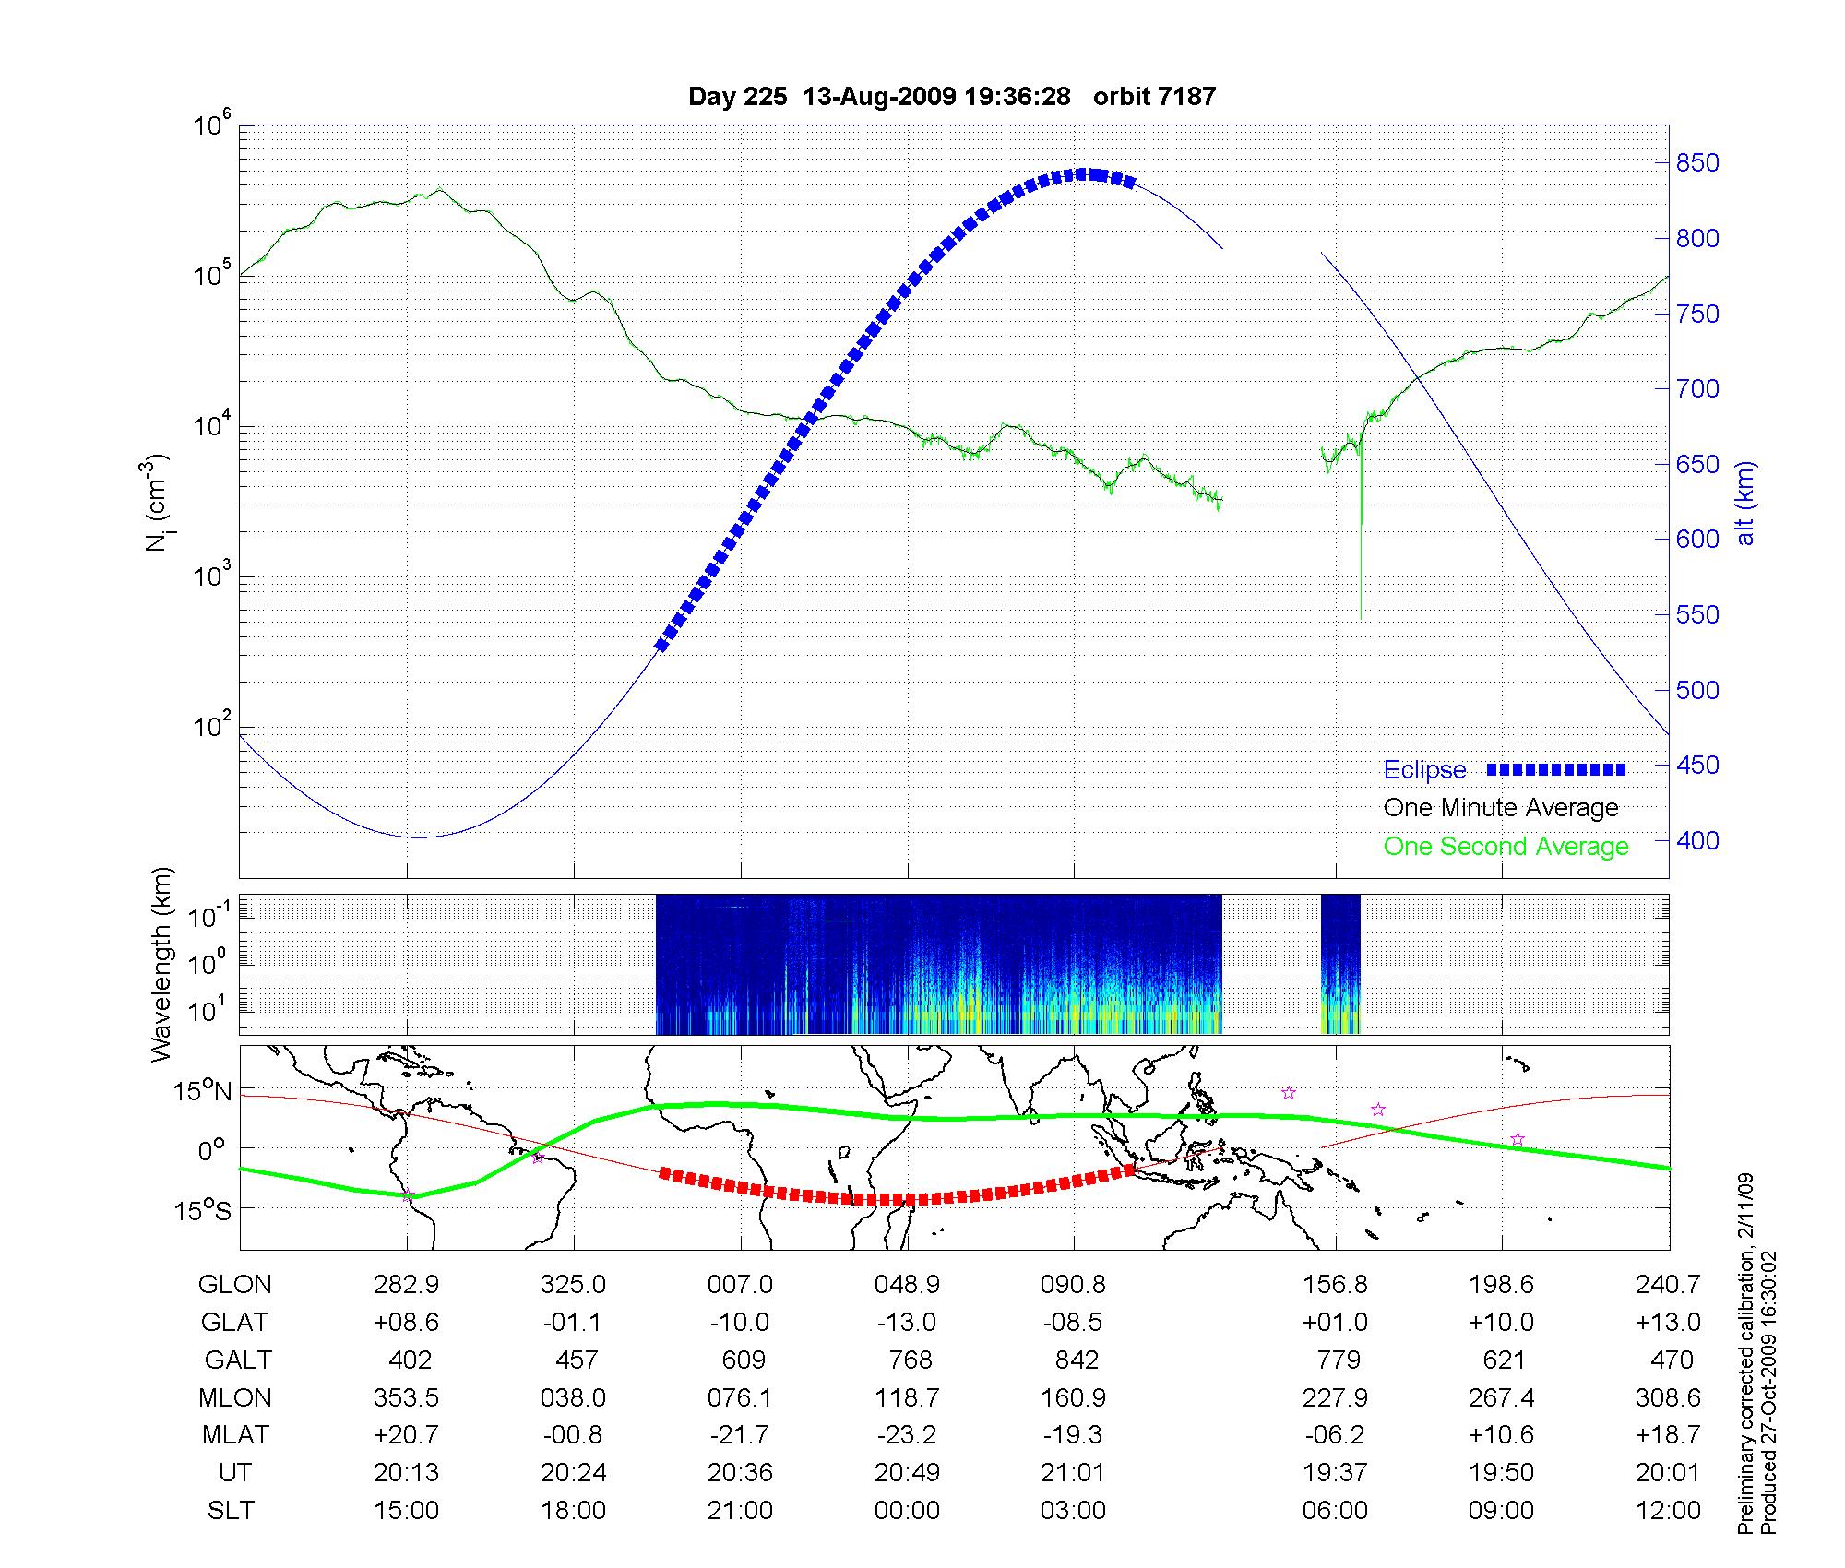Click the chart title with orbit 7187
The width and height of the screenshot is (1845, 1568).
tap(952, 96)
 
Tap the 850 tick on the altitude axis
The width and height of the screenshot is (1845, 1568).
tap(1697, 163)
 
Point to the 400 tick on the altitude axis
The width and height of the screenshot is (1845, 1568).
tap(1697, 840)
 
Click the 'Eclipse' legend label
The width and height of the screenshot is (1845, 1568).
tap(1424, 770)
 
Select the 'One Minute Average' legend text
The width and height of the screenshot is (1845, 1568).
tap(1501, 808)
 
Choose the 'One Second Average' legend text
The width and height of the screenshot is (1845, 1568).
tap(1506, 847)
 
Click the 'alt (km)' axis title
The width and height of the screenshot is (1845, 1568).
tap(1745, 503)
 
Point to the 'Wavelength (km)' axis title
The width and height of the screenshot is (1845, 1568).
tap(161, 964)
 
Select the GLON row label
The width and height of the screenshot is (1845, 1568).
tap(234, 1285)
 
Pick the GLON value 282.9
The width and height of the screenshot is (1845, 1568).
tap(407, 1285)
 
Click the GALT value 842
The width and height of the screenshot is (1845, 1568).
tap(1077, 1360)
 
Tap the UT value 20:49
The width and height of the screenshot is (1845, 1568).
tap(908, 1473)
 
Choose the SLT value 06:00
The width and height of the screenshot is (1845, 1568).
tap(1335, 1511)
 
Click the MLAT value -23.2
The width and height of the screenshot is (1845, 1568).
tap(908, 1435)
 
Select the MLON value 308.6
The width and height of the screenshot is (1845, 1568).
tap(1668, 1398)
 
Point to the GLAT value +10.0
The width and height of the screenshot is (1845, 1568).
tap(1502, 1323)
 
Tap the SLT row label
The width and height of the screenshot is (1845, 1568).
tap(231, 1511)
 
